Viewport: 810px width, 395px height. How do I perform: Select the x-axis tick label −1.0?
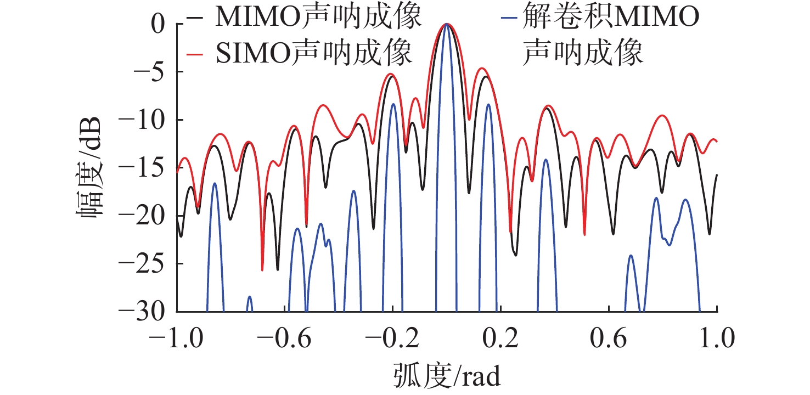(x=177, y=338)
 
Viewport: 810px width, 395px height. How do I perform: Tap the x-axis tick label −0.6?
(x=285, y=338)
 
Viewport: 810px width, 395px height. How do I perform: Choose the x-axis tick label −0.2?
(x=393, y=338)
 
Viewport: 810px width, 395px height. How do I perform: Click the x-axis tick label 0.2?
(x=501, y=338)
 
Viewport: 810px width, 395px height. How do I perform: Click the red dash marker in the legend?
(x=194, y=54)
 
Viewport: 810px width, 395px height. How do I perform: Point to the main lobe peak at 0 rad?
(x=447, y=25)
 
